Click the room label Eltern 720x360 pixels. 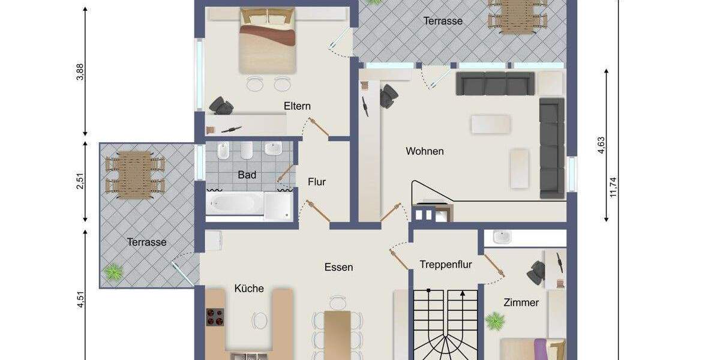coord(298,106)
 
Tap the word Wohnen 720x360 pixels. coord(425,151)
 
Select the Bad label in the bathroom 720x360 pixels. coord(247,175)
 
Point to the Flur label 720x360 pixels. coord(317,181)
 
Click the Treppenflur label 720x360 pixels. coord(446,264)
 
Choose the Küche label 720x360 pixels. coord(249,289)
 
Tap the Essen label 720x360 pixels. coord(338,267)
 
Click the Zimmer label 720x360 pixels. coord(521,302)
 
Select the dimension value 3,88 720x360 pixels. coord(80,72)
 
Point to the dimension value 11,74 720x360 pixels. coord(613,187)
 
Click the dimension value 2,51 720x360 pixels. coord(80,181)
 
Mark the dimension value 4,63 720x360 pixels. coord(602,146)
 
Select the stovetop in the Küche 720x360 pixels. coord(215,317)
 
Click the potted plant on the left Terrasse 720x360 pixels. coord(113,272)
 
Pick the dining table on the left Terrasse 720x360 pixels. coord(134,173)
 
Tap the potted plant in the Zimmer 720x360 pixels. coord(495,321)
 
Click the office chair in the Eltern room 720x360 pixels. coord(221,106)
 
